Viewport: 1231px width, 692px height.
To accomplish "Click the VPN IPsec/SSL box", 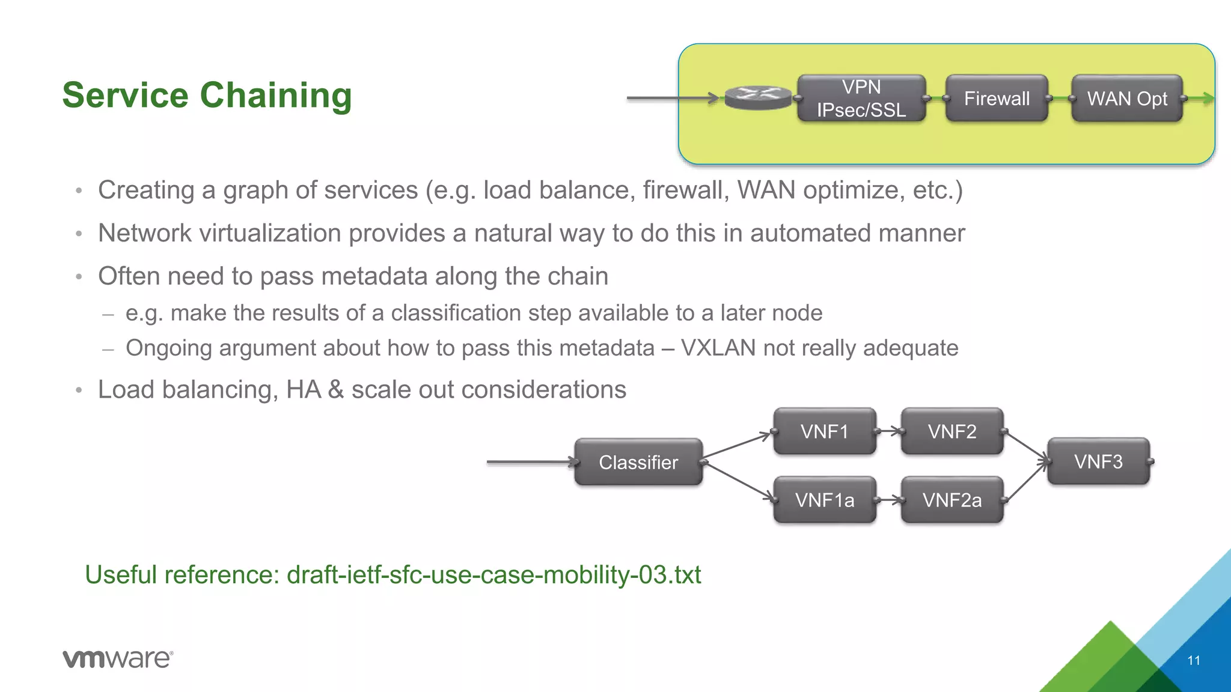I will pyautogui.click(x=861, y=99).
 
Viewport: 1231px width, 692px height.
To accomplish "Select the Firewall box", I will pyautogui.click(x=997, y=99).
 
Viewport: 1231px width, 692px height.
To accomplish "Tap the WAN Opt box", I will pyautogui.click(x=1126, y=99).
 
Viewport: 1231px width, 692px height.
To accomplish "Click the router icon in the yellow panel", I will pyautogui.click(x=758, y=97).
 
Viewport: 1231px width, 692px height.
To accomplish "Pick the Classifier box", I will pyautogui.click(x=638, y=462).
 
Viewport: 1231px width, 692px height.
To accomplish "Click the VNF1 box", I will pyautogui.click(x=824, y=431).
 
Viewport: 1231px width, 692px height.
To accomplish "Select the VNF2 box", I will pyautogui.click(x=952, y=431).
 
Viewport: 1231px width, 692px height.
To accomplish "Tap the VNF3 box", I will pyautogui.click(x=1098, y=461).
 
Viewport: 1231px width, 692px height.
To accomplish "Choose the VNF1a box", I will pyautogui.click(x=824, y=500).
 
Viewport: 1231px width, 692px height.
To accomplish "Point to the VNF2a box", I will pyautogui.click(x=952, y=500).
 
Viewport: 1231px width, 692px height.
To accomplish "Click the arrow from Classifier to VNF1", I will pyautogui.click(x=737, y=445).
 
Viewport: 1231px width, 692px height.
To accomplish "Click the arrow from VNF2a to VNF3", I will pyautogui.click(x=1027, y=481).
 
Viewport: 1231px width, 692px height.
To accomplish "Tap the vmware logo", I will pyautogui.click(x=118, y=658).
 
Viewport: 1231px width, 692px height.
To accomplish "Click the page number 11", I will pyautogui.click(x=1194, y=661).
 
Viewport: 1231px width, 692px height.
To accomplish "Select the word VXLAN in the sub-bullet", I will pyautogui.click(x=718, y=348).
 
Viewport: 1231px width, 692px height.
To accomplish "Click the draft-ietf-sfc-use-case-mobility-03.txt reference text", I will pyautogui.click(x=493, y=575).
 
